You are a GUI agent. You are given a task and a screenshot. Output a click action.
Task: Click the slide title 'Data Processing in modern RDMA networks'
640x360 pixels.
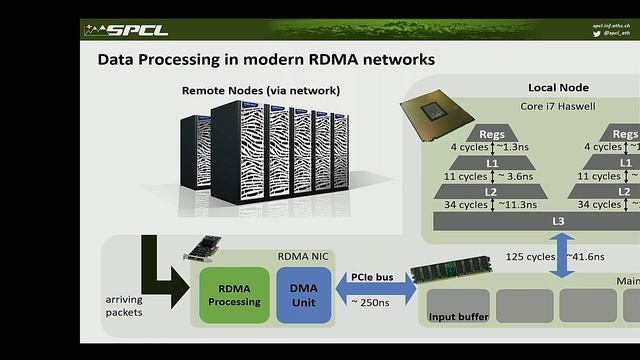click(x=266, y=60)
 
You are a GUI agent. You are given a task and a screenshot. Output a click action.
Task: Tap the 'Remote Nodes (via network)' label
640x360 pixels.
click(x=260, y=91)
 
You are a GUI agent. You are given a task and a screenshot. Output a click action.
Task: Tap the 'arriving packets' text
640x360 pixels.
click(x=125, y=306)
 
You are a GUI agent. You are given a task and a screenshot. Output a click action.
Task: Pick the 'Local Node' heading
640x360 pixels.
click(x=557, y=88)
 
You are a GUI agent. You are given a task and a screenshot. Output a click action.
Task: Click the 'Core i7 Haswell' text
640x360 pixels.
click(x=557, y=105)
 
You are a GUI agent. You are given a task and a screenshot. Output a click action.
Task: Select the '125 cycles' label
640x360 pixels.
click(x=531, y=257)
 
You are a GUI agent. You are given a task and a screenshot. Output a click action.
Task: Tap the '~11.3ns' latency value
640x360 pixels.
click(x=517, y=204)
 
